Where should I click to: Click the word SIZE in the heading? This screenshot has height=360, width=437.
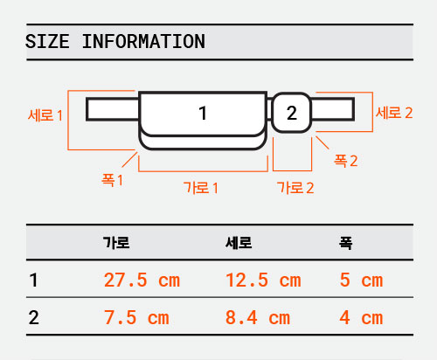coord(47,41)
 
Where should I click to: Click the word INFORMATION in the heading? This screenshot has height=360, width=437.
coord(143,41)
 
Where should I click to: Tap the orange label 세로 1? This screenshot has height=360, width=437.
coord(45,115)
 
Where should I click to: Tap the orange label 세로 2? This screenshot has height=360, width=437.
coord(394,113)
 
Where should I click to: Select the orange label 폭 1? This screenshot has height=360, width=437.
coord(112,180)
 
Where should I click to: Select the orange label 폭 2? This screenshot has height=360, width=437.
coord(345,161)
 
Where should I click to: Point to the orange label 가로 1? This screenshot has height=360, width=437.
coord(201,188)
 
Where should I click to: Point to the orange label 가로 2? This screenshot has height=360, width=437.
coord(295,188)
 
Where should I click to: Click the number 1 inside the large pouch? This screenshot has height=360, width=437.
coord(203,113)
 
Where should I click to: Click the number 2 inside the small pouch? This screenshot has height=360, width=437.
coord(292,113)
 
